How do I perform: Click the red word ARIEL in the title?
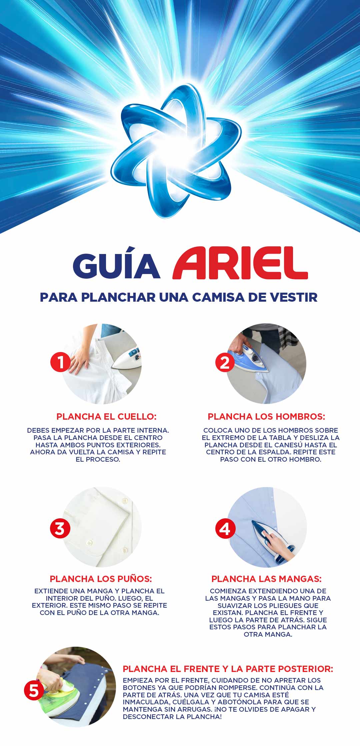[240, 263]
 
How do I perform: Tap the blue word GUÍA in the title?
[117, 266]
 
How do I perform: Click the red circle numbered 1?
[60, 362]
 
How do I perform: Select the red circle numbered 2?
[225, 362]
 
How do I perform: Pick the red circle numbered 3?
[60, 528]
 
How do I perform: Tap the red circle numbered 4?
[225, 529]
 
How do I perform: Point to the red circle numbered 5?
[34, 690]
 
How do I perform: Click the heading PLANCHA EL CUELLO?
[106, 416]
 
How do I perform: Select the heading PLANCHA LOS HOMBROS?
[266, 416]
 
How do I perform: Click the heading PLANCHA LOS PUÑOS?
[101, 579]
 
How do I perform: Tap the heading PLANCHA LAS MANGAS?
[266, 579]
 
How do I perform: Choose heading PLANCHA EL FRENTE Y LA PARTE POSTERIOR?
[228, 669]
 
